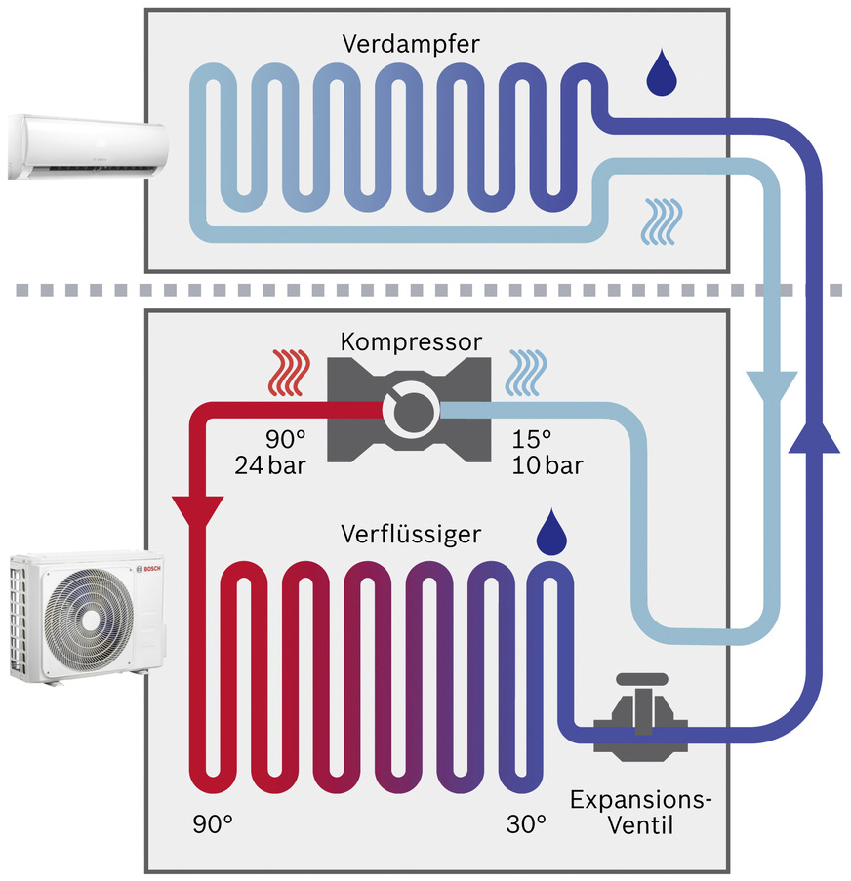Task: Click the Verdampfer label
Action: click(398, 44)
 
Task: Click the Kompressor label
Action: click(410, 342)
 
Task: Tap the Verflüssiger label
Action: click(410, 533)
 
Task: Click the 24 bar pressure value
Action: click(270, 465)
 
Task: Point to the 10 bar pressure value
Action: click(547, 465)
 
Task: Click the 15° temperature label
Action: click(532, 439)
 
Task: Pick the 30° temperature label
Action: click(526, 824)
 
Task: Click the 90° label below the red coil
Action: click(213, 824)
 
